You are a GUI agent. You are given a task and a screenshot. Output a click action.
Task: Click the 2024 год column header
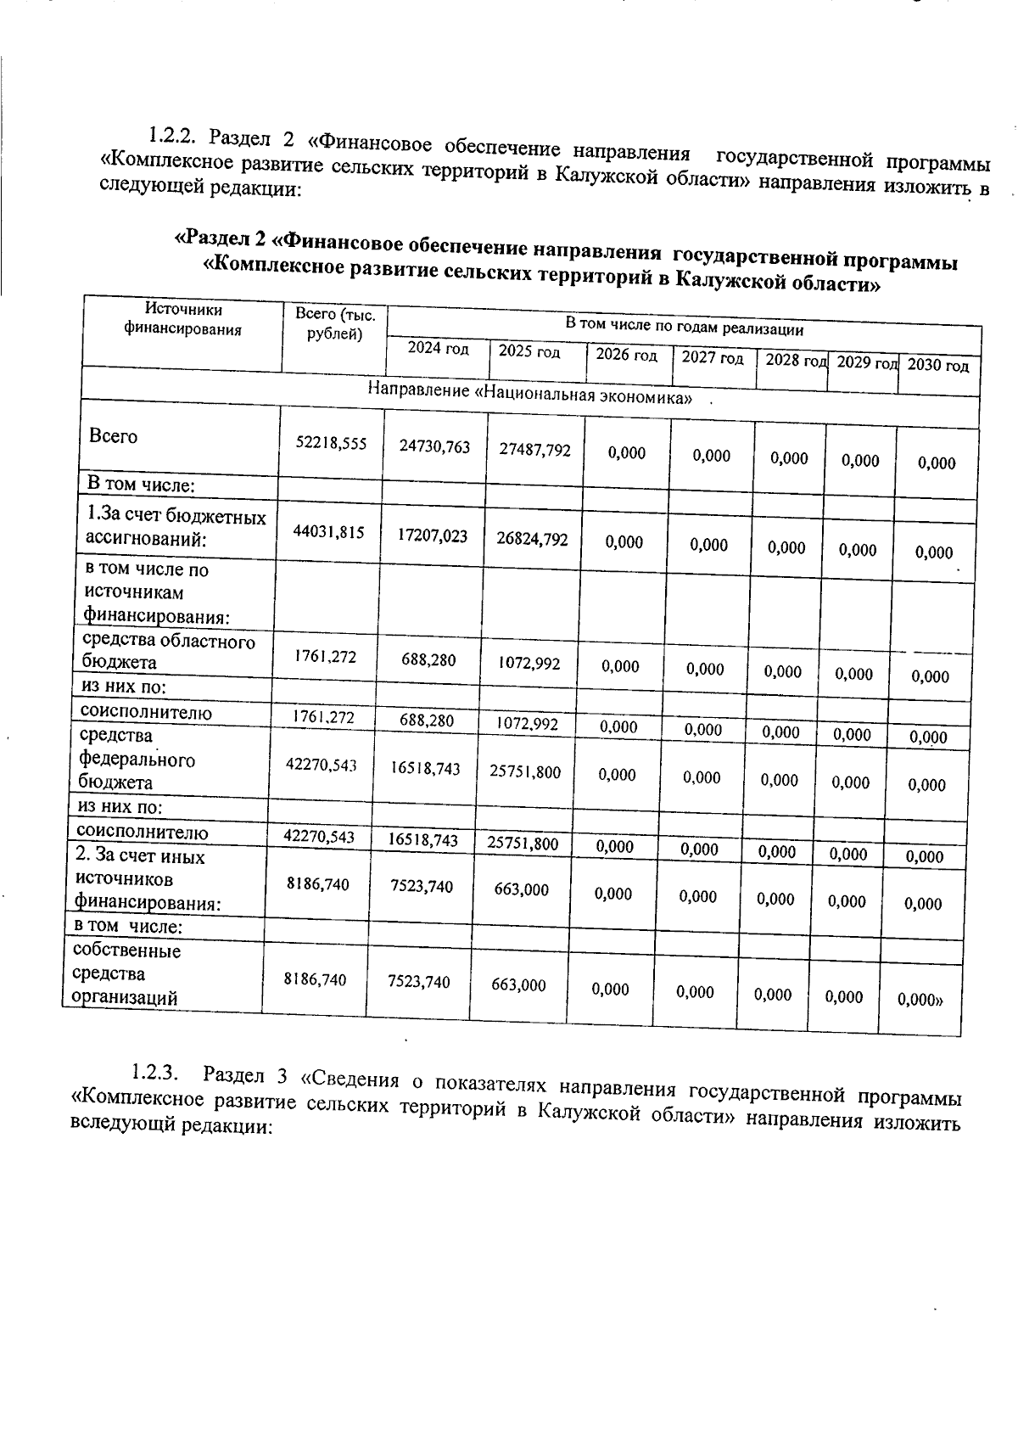438,349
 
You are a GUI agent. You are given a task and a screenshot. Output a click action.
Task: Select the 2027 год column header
713,357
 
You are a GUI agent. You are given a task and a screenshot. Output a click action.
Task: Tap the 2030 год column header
937,366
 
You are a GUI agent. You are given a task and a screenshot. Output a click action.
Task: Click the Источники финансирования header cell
183,320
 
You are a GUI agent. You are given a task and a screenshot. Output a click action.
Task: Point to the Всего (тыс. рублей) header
334,323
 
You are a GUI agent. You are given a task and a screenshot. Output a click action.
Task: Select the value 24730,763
434,447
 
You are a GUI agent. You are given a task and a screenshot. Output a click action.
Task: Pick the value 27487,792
534,450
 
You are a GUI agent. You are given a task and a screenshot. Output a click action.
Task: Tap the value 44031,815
328,532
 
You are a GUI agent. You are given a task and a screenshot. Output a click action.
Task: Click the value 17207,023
433,535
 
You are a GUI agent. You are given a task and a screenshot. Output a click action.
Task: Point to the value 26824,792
532,539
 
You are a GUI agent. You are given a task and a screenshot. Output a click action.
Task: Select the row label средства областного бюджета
168,651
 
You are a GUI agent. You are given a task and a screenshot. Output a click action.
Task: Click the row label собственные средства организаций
127,973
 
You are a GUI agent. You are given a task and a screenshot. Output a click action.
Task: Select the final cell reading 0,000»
920,1000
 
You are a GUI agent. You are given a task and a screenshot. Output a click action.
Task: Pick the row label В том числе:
142,485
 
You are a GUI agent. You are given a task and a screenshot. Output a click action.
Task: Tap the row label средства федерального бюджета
136,759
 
